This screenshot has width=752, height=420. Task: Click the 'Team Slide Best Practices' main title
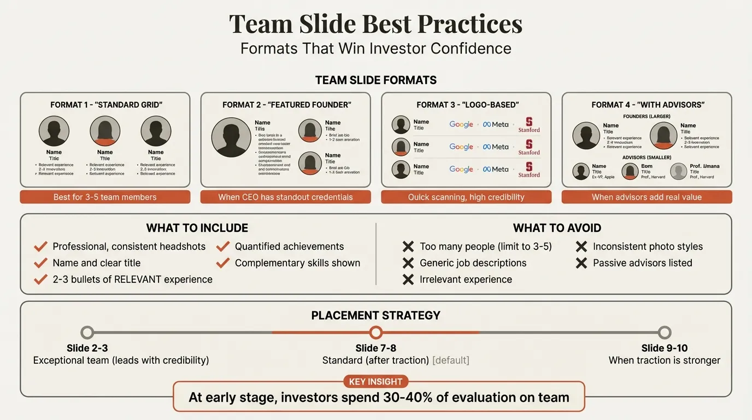tap(375, 24)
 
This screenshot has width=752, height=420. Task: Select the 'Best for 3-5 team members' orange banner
tap(105, 197)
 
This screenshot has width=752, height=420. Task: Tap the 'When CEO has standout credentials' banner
tap(285, 197)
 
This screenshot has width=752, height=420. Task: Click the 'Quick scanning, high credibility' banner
tap(466, 197)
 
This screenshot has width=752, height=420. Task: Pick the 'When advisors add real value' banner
tap(647, 197)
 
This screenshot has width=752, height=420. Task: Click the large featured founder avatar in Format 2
tap(231, 137)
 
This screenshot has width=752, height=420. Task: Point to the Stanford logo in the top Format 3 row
tap(529, 125)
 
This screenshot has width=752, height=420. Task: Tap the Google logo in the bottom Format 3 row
tap(461, 170)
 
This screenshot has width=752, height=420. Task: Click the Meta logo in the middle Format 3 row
tap(496, 147)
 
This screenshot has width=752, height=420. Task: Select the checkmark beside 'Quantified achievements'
tap(222, 247)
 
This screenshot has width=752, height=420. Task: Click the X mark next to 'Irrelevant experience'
tap(408, 279)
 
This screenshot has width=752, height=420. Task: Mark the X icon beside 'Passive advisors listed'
tap(581, 263)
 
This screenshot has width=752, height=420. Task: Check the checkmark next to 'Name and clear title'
tap(40, 263)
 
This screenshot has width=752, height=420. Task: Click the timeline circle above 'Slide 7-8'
tap(375, 332)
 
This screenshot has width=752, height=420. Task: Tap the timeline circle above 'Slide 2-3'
tap(87, 332)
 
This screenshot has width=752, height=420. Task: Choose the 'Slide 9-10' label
tap(665, 348)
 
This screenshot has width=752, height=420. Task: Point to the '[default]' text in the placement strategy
tap(450, 360)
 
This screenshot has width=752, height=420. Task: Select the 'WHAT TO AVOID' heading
tap(557, 228)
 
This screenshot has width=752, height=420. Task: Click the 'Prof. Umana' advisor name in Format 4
tap(704, 166)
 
